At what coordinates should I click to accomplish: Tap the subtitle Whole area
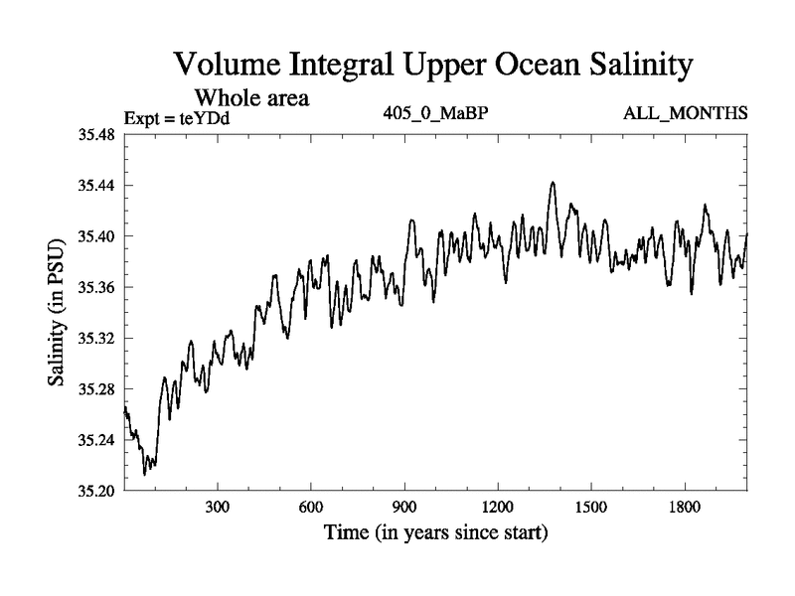[250, 97]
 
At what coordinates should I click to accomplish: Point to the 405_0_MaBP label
[435, 113]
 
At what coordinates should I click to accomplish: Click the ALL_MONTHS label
[685, 113]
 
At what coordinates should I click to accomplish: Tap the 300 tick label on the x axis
[218, 507]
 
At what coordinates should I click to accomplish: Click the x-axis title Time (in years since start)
[435, 533]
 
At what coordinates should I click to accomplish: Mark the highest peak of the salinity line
[553, 183]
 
